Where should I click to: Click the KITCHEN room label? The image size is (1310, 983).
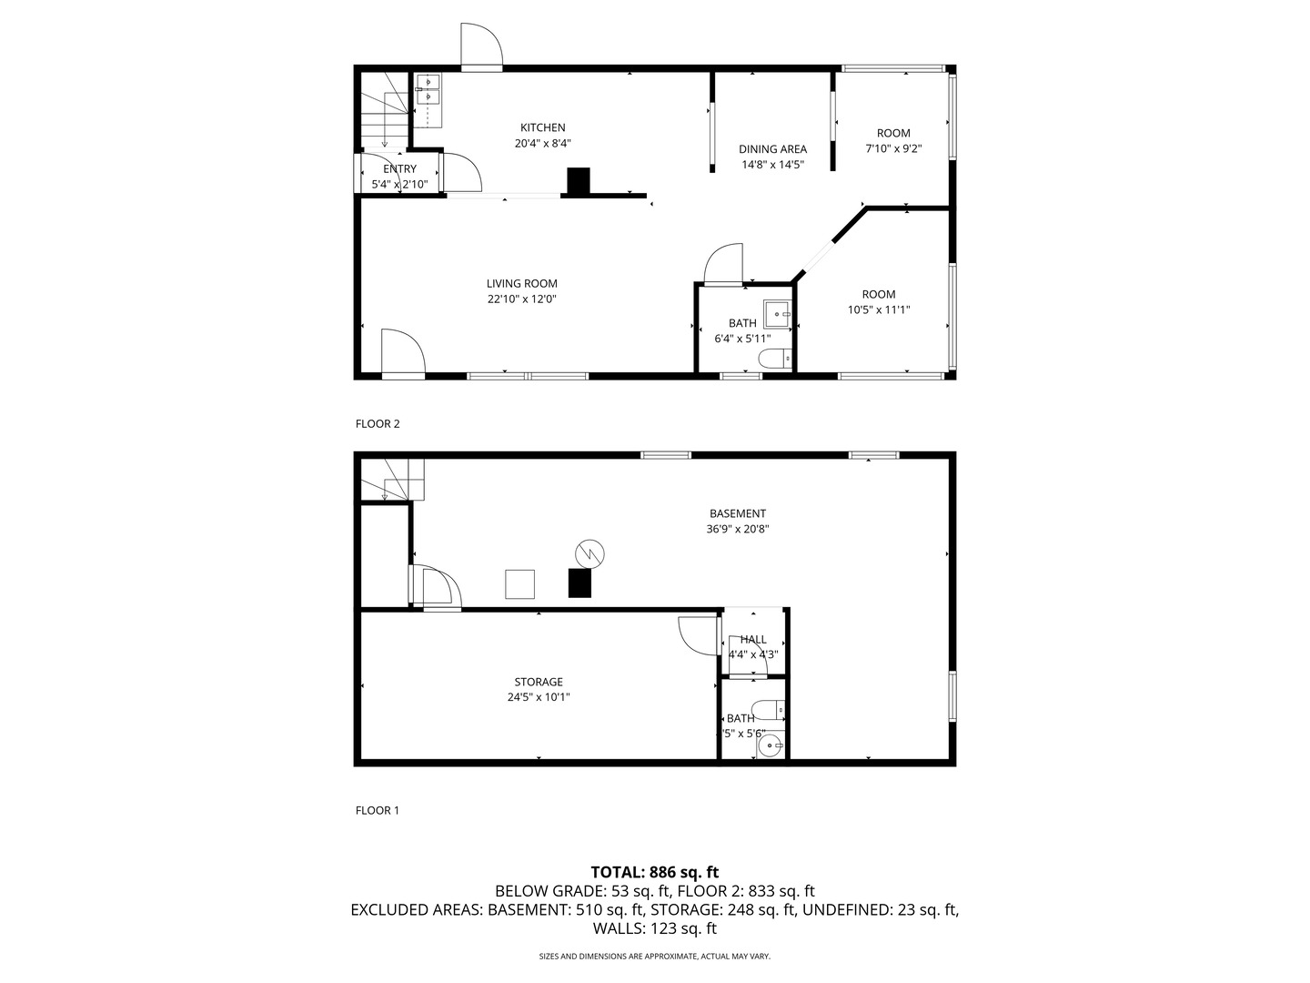click(542, 127)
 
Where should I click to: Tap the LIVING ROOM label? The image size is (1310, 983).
click(521, 283)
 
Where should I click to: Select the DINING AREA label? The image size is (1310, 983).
click(772, 149)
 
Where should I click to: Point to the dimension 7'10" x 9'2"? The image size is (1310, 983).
click(892, 148)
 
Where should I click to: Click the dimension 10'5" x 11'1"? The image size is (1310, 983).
click(878, 309)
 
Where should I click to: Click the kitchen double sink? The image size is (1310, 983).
click(428, 89)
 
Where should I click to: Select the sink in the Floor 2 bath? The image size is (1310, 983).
click(778, 312)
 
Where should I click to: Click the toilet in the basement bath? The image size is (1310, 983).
click(769, 708)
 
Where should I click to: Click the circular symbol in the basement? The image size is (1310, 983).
click(589, 552)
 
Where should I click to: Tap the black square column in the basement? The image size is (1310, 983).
click(579, 583)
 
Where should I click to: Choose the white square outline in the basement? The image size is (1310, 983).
click(520, 583)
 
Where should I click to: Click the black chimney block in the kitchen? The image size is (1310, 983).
click(579, 181)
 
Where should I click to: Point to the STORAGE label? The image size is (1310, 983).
click(539, 682)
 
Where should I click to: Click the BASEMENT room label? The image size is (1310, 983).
click(737, 513)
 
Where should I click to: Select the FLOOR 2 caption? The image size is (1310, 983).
click(377, 423)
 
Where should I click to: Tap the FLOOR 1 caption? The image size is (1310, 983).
click(377, 810)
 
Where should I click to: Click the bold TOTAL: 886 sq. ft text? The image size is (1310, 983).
click(654, 872)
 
